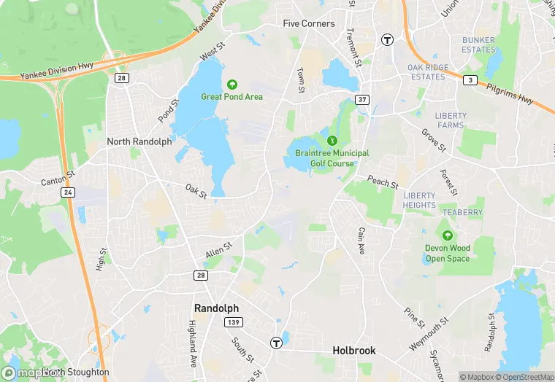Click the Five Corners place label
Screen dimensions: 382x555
309,23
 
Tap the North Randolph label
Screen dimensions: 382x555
139,141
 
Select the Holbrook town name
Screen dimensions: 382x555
354,351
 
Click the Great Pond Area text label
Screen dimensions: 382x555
232,96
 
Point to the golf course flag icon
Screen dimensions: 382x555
332,139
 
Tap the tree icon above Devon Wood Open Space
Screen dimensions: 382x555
448,235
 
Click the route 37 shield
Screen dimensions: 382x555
362,99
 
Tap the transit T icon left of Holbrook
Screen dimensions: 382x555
276,343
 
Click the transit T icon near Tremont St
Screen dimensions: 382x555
387,39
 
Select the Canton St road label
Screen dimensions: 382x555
58,177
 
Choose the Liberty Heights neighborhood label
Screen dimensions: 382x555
419,200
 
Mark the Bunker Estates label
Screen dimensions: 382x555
478,45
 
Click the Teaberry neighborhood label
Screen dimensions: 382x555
463,213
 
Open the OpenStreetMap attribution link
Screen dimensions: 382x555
524,377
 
